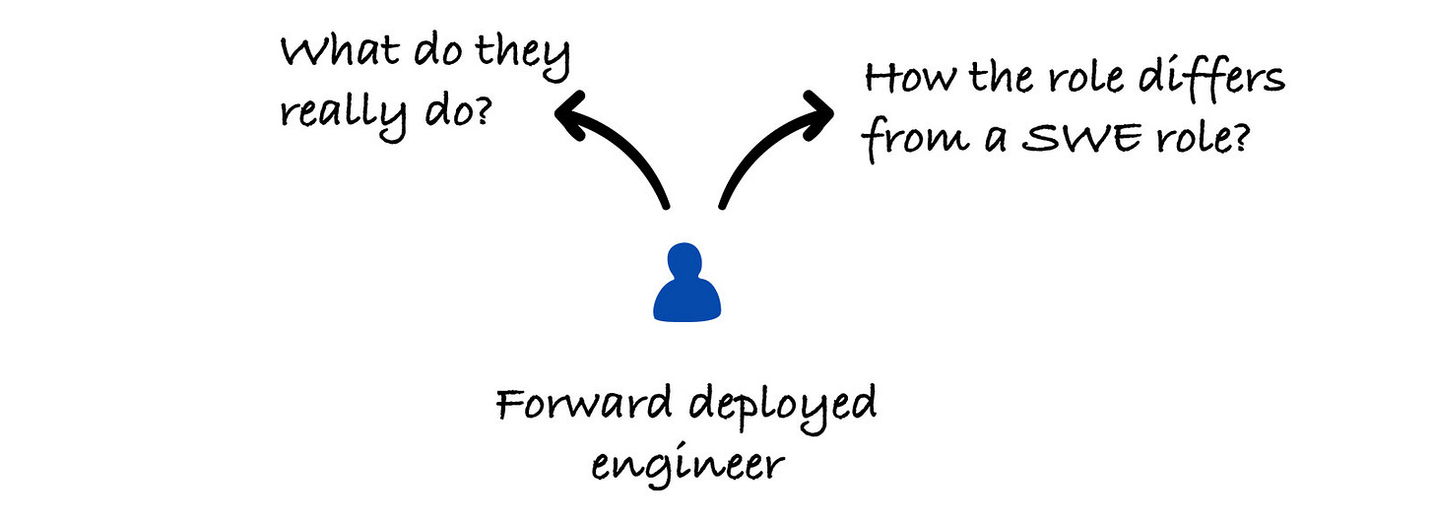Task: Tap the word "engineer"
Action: tap(686, 464)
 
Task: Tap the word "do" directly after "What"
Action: tap(430, 51)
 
